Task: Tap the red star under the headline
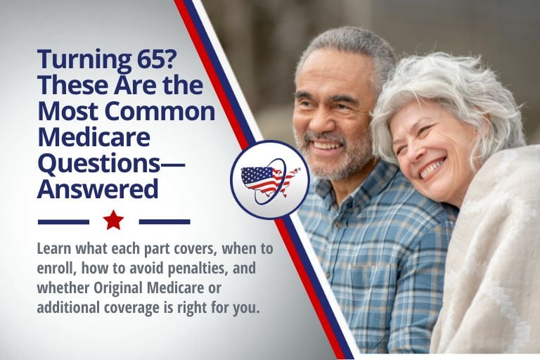pos(113,221)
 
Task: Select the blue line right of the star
pos(165,221)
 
